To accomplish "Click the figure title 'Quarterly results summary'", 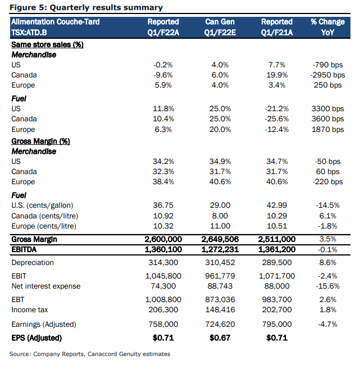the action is tap(106, 7).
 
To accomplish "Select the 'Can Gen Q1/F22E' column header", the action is tap(220, 27).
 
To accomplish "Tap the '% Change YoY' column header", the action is tap(327, 27).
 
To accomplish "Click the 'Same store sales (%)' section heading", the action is tap(47, 44).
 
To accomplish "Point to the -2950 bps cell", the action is tap(327, 75).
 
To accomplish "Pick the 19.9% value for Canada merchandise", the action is tap(277, 75).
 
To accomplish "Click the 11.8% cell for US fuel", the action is tap(163, 109).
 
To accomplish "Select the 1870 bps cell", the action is tap(327, 129).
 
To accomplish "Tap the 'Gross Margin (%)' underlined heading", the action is tap(41, 142).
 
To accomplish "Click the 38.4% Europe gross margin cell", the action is tap(163, 181).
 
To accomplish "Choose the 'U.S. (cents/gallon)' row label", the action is tap(42, 206).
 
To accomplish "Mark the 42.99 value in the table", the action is tap(277, 206).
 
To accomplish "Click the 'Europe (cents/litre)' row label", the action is tap(44, 226).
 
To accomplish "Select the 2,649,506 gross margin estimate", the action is tap(220, 239).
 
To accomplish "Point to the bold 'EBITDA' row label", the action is tap(24, 249).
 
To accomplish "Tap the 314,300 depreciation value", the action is tap(163, 263).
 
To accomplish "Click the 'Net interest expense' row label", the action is tap(46, 286).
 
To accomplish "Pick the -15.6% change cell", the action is tap(327, 286).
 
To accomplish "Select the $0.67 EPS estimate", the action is tap(220, 337).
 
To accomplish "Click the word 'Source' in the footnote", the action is tap(20, 354).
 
